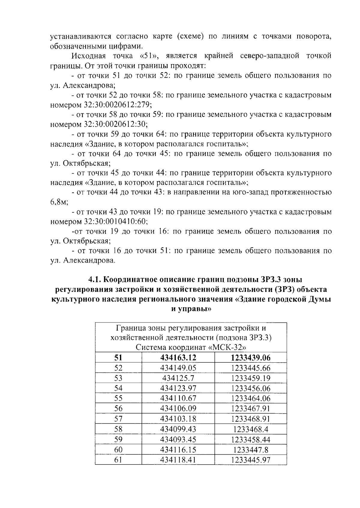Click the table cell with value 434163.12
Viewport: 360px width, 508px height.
[x=178, y=358]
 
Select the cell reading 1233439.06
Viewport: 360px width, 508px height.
[x=251, y=358]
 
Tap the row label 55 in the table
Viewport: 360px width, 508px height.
[x=118, y=399]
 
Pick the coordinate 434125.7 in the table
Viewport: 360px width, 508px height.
[x=178, y=378]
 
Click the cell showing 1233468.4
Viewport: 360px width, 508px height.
[x=251, y=429]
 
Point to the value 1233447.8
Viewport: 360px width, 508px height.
[x=251, y=450]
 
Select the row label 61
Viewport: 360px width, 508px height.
[x=118, y=460]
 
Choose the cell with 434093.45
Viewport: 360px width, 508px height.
[x=178, y=439]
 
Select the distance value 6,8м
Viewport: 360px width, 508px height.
[x=59, y=202]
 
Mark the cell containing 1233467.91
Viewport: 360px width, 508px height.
[x=251, y=409]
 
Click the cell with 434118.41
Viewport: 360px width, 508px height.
[x=178, y=460]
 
